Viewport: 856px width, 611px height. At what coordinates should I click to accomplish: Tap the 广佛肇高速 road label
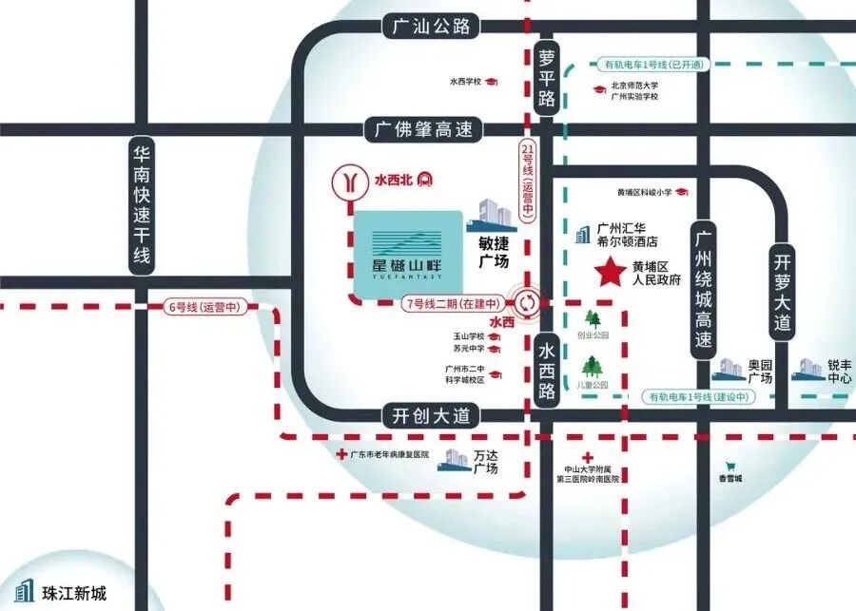(x=423, y=129)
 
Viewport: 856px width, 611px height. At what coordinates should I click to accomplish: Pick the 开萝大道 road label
(x=783, y=290)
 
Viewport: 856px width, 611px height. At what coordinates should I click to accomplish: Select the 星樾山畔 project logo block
(x=408, y=252)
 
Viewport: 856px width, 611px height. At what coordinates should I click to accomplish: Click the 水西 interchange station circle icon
(x=526, y=304)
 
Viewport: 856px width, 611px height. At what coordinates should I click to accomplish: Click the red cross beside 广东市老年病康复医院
(x=342, y=455)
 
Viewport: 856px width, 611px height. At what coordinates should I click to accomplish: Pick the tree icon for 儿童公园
(x=593, y=365)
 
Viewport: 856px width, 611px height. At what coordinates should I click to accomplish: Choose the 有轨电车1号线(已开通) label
(x=653, y=65)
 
